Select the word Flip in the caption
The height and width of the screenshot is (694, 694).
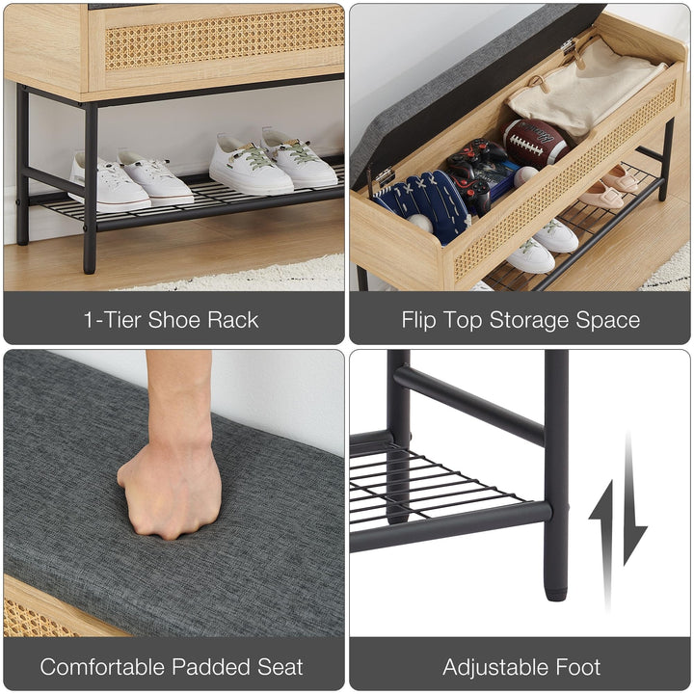(x=422, y=320)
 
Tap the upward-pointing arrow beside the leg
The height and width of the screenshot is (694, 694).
(x=602, y=540)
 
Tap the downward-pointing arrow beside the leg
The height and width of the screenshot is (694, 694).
(x=633, y=501)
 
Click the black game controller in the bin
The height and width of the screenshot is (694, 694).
(x=480, y=173)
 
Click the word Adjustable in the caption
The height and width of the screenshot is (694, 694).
(x=489, y=666)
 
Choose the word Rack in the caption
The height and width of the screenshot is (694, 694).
(x=233, y=320)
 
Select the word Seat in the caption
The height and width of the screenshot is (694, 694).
(x=278, y=666)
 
